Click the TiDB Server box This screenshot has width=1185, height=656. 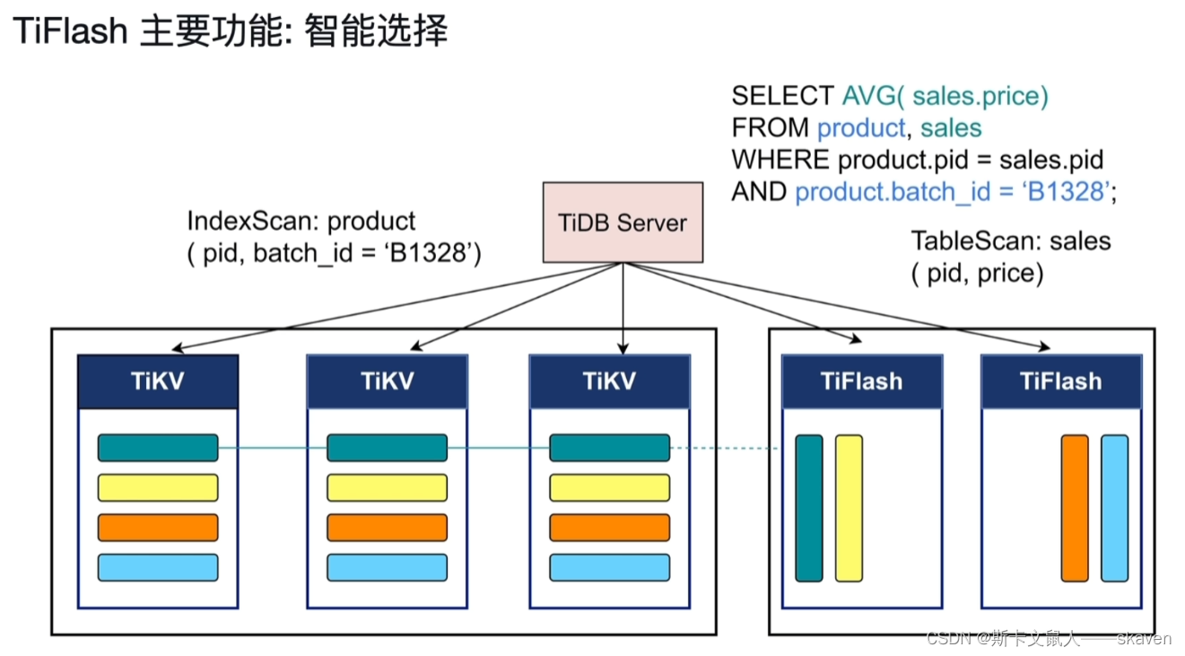point(623,223)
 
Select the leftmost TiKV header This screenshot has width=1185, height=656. point(158,381)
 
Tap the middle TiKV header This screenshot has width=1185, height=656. point(387,381)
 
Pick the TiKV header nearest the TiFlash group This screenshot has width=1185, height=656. point(609,381)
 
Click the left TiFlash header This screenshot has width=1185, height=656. point(861,381)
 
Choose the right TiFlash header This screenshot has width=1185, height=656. point(1060,381)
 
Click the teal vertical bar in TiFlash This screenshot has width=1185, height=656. point(808,508)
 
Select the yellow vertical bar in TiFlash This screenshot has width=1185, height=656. point(849,508)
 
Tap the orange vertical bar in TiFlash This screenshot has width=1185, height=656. point(1074,508)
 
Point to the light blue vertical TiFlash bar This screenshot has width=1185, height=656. point(1114,508)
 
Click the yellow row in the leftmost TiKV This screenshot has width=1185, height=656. point(158,487)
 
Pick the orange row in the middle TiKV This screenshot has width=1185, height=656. point(387,528)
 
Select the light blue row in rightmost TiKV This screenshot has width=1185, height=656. point(609,567)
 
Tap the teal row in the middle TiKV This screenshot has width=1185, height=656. point(387,448)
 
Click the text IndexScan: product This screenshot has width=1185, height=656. point(301,221)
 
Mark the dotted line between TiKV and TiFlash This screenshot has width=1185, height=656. point(725,448)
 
